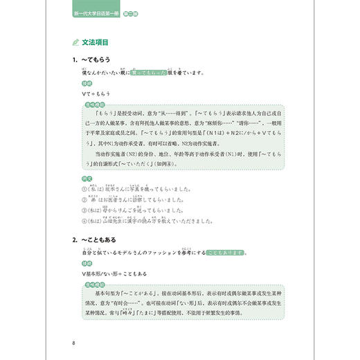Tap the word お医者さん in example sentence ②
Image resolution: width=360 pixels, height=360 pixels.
[120, 204]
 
